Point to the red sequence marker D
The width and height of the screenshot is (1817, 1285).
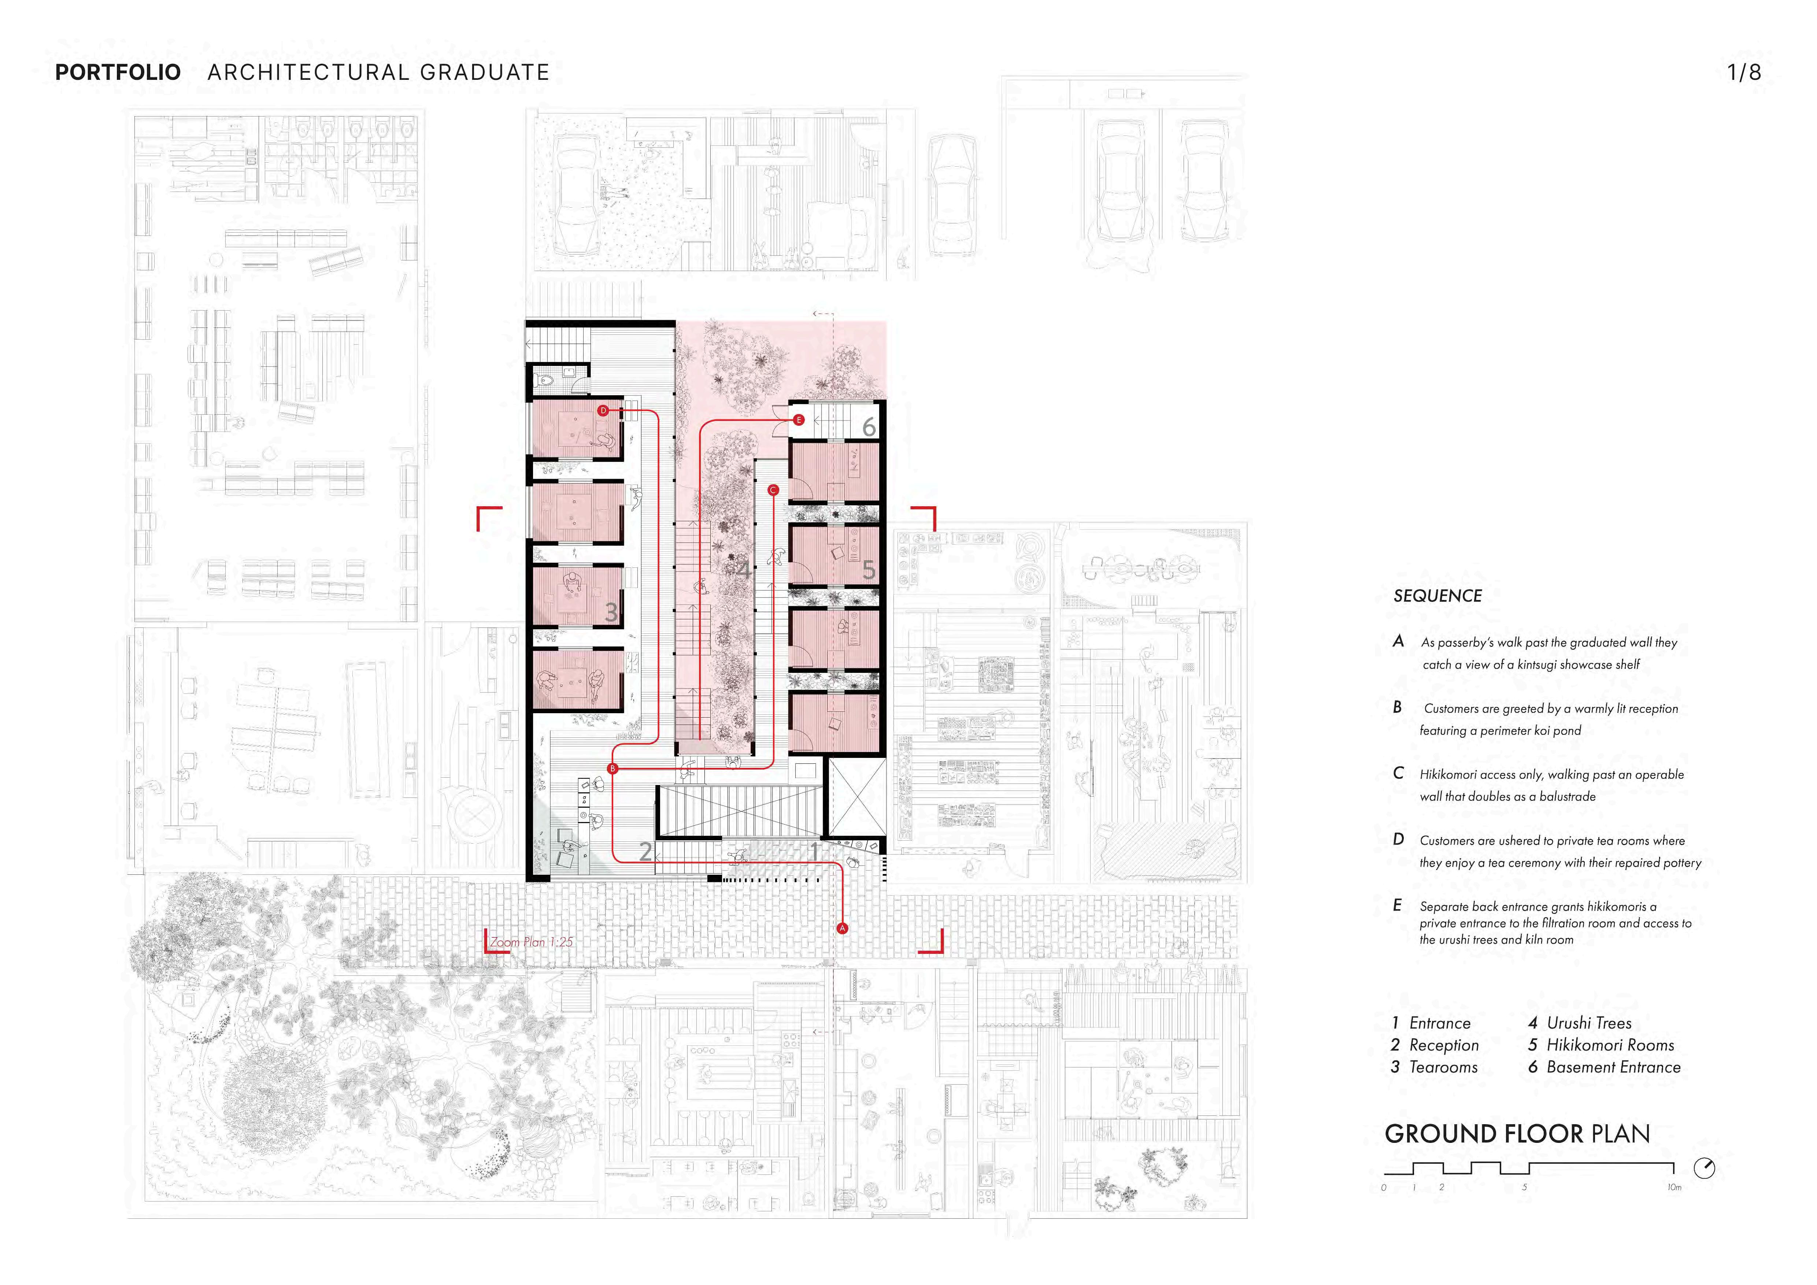coord(603,411)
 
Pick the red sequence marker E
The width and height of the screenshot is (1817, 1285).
coord(799,420)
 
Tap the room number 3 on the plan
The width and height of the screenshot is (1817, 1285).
coord(611,612)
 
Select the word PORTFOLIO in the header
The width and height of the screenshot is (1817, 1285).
coord(118,73)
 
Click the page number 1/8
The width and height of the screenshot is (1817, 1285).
coord(1743,73)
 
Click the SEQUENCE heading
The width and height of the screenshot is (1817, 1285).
coord(1437,596)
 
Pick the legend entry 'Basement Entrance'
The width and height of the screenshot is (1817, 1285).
coord(1613,1067)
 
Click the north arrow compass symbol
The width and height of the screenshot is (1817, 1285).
coord(1704,1168)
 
